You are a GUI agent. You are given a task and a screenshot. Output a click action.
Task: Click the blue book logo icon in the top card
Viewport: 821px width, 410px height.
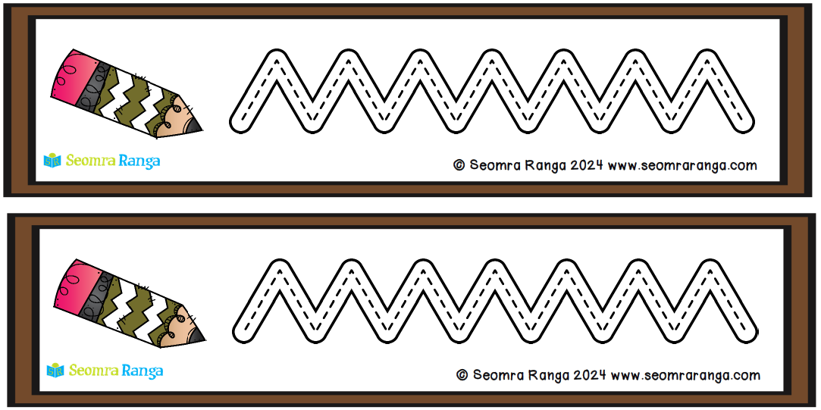pos(52,161)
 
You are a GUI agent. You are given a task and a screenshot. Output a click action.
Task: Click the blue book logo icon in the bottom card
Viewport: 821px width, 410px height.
pos(55,371)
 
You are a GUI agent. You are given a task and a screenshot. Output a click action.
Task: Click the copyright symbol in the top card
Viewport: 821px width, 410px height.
pos(459,165)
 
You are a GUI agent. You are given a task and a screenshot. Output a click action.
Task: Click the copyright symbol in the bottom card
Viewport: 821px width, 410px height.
pos(462,375)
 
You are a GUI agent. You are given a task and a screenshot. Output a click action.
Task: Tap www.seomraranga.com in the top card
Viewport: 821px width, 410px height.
pos(682,165)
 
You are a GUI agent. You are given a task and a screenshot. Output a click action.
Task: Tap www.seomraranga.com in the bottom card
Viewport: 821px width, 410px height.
pos(685,375)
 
